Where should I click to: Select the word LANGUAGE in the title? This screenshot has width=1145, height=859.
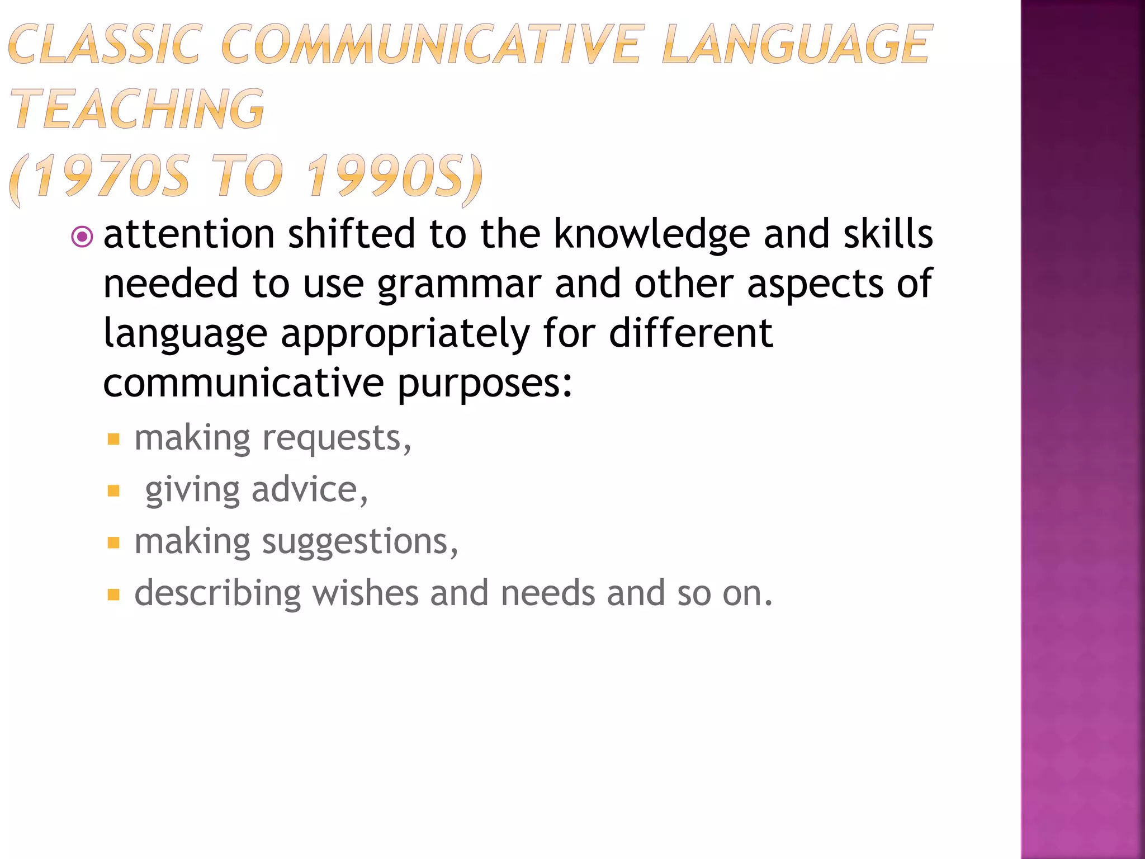tap(796, 44)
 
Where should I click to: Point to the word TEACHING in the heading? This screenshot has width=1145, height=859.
tap(138, 109)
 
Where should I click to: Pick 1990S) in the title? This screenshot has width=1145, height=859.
tap(395, 176)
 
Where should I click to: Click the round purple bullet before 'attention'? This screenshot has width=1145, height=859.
tap(82, 237)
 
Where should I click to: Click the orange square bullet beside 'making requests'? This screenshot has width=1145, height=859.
tap(113, 439)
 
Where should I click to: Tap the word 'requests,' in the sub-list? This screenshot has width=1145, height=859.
tap(337, 438)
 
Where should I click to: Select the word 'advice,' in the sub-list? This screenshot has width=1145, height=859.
tap(310, 490)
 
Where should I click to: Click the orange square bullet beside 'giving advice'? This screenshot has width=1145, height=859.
tap(113, 491)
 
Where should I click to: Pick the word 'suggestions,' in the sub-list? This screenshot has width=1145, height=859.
tap(360, 542)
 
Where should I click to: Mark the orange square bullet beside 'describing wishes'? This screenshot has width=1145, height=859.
tap(113, 594)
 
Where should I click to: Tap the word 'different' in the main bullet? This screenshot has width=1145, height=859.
tap(690, 334)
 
